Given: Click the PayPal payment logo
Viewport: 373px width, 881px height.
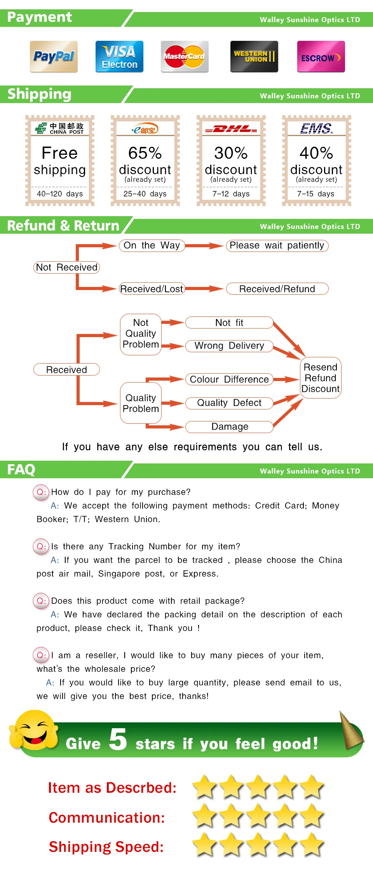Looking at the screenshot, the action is (x=54, y=57).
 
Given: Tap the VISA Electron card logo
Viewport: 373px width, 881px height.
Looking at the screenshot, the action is (x=119, y=57).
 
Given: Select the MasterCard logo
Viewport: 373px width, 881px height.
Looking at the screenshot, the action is (x=185, y=57).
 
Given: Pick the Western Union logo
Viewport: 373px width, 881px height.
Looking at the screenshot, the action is (x=254, y=57).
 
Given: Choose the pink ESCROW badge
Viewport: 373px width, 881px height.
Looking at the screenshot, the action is (x=321, y=57).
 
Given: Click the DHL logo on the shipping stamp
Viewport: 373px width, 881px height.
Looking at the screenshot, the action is (x=231, y=129).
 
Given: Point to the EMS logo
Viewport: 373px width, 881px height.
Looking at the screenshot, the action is (x=317, y=128).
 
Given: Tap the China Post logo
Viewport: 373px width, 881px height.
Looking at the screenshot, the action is (x=59, y=128).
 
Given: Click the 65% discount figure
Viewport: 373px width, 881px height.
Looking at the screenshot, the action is (x=145, y=153).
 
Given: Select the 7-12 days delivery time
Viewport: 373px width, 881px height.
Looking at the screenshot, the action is (x=231, y=194).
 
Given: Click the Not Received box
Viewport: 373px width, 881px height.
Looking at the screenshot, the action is (x=66, y=267).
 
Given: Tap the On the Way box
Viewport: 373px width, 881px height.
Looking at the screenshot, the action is (x=152, y=246).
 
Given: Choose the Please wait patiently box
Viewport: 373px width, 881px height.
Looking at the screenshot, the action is (x=277, y=246).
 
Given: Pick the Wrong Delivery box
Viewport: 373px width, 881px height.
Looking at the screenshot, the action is (x=229, y=346).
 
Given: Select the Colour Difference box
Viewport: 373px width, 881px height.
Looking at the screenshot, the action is (x=229, y=379).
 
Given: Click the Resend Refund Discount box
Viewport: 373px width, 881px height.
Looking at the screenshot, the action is (x=321, y=378).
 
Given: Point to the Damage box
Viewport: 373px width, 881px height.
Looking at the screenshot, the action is (x=229, y=427).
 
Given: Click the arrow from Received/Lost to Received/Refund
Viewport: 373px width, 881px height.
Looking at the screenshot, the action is (x=204, y=288).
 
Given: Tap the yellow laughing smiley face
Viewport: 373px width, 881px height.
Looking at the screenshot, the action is (x=34, y=730).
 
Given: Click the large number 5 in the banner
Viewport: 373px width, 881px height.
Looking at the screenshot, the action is (x=118, y=739).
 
